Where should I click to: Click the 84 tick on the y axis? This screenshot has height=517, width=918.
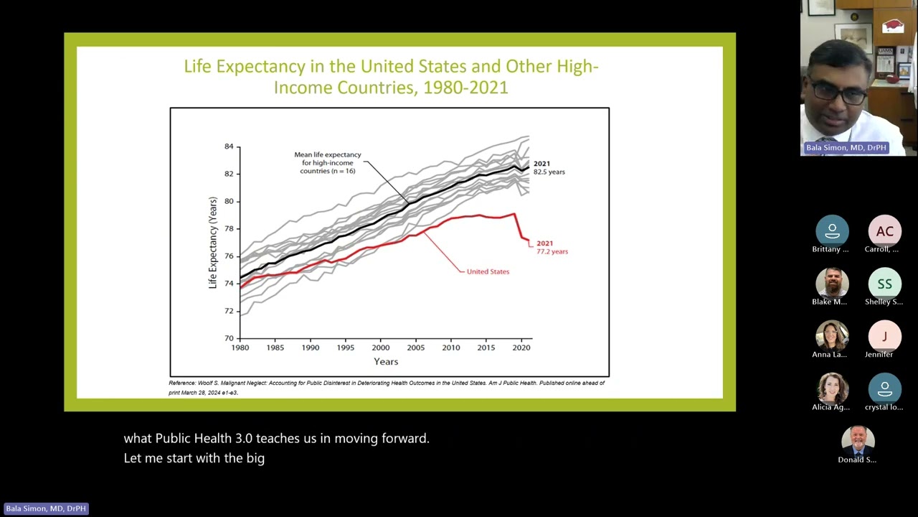[x=229, y=146]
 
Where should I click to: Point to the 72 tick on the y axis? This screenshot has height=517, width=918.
[x=229, y=311]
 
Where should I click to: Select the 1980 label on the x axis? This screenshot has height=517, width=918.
[x=240, y=348]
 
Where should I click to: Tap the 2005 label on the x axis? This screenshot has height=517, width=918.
[x=415, y=348]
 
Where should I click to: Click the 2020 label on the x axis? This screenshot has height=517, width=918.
[x=521, y=348]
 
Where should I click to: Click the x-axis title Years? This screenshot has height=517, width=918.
[x=386, y=362]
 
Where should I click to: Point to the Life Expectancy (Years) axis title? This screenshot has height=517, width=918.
[x=212, y=243]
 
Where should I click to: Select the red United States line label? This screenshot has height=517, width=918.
[x=488, y=271]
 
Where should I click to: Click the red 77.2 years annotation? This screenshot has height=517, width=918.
[x=552, y=251]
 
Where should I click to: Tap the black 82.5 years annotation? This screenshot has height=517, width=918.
[x=549, y=172]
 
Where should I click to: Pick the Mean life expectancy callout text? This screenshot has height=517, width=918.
[x=328, y=162]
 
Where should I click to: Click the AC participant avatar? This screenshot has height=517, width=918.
[x=884, y=231]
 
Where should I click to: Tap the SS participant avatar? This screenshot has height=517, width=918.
[x=884, y=284]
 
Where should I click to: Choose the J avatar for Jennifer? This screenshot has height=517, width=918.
[x=884, y=336]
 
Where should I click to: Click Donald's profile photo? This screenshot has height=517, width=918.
[x=858, y=441]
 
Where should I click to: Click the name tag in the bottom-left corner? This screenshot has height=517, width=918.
[x=46, y=508]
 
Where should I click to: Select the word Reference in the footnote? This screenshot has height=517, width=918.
[x=182, y=383]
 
